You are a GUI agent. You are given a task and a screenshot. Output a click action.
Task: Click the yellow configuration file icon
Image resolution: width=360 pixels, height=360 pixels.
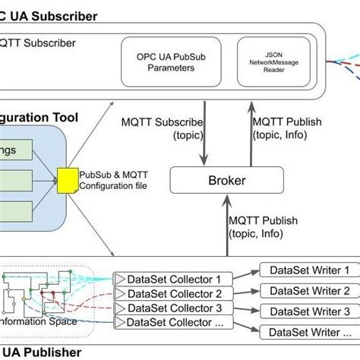pyautogui.click(x=67, y=180)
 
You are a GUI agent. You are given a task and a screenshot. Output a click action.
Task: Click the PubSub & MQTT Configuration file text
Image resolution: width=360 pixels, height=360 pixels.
pyautogui.click(x=115, y=181)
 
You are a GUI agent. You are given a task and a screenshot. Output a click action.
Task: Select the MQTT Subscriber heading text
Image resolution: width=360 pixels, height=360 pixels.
pyautogui.click(x=39, y=43)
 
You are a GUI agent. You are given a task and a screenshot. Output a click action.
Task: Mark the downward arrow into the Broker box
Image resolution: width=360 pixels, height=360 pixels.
pyautogui.click(x=204, y=137)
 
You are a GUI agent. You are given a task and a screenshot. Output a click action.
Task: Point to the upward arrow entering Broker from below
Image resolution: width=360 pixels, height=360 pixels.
pyautogui.click(x=226, y=228)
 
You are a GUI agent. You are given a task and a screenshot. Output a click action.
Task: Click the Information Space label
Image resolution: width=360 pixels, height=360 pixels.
pyautogui.click(x=38, y=321)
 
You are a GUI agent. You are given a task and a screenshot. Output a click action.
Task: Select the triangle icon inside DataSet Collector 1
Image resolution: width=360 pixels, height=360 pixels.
pyautogui.click(x=118, y=279)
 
